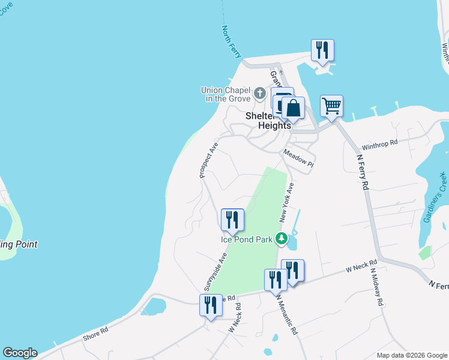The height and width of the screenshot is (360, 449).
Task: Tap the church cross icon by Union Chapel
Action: point(259,93)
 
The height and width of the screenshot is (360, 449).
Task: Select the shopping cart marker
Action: point(331,106)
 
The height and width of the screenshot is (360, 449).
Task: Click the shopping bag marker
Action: point(293,109)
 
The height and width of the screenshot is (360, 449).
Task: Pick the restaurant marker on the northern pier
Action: point(322,50)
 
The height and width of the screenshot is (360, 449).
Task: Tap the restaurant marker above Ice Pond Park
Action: point(232,220)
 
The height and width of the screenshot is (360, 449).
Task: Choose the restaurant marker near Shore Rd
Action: point(211,305)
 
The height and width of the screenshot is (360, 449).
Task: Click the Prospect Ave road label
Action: point(208,160)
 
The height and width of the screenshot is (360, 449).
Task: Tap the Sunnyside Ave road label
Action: point(221,271)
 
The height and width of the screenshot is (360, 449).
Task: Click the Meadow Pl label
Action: point(298,159)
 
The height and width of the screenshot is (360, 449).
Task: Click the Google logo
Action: point(20,353)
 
